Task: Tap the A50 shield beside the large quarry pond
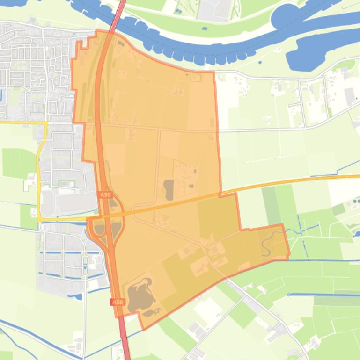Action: (x=117, y=302)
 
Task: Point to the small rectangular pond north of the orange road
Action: (x=169, y=189)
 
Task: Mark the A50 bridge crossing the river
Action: (x=121, y=6)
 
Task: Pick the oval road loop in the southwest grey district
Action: (x=85, y=266)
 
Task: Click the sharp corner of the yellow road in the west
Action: (x=46, y=123)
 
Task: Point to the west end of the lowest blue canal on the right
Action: (x=288, y=295)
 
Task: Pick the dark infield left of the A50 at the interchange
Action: (x=99, y=229)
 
